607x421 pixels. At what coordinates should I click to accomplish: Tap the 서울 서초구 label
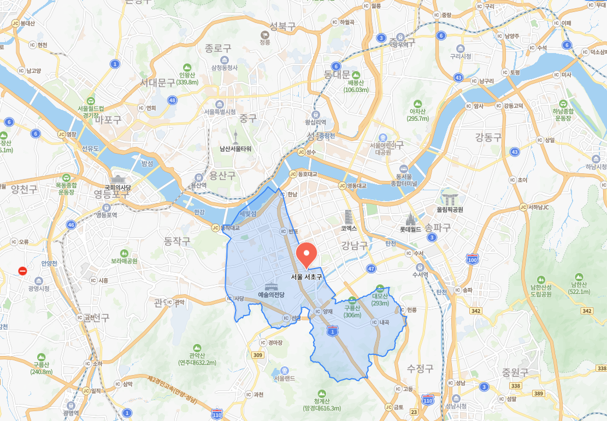click(307, 277)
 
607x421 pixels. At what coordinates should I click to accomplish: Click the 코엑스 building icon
click(349, 217)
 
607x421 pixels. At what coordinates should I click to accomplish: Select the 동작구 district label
click(177, 241)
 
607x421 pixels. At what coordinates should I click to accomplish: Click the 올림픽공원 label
click(450, 209)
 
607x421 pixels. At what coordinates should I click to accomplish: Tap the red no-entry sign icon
click(22, 271)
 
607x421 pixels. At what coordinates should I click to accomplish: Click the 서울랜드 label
click(285, 378)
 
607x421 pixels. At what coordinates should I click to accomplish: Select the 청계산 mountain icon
click(322, 393)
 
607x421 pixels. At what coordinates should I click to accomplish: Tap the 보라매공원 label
click(123, 260)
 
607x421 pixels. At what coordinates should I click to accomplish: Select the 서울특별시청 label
click(220, 112)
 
